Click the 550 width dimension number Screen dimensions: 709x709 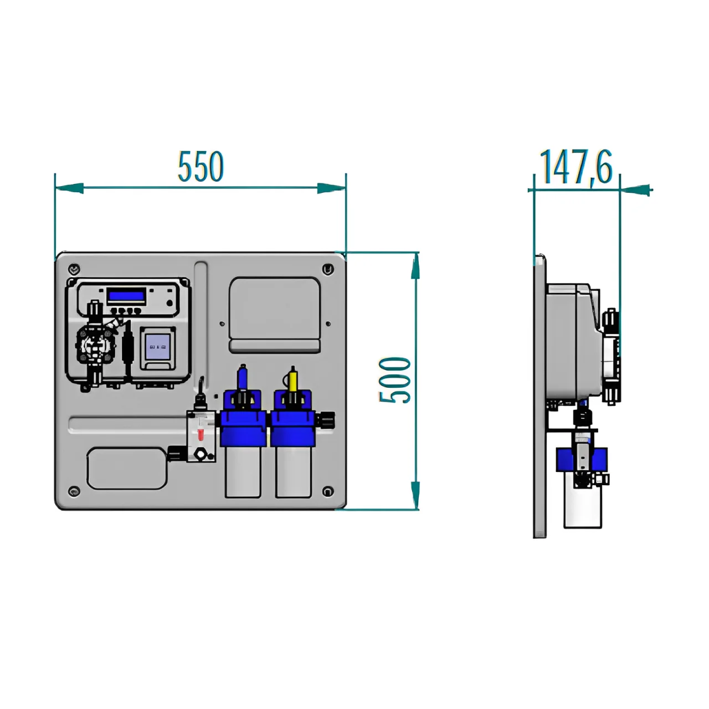201,167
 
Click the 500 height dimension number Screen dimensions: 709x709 395,380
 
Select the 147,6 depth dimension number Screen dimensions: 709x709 576,167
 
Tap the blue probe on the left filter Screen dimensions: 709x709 242,379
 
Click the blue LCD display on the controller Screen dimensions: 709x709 126,295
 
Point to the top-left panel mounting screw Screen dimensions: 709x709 74,270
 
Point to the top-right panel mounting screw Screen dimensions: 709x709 328,269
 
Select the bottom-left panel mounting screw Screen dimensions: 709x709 74,491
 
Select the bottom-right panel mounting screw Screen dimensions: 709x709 328,491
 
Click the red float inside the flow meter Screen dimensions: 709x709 201,435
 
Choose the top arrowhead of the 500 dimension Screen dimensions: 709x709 415,266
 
